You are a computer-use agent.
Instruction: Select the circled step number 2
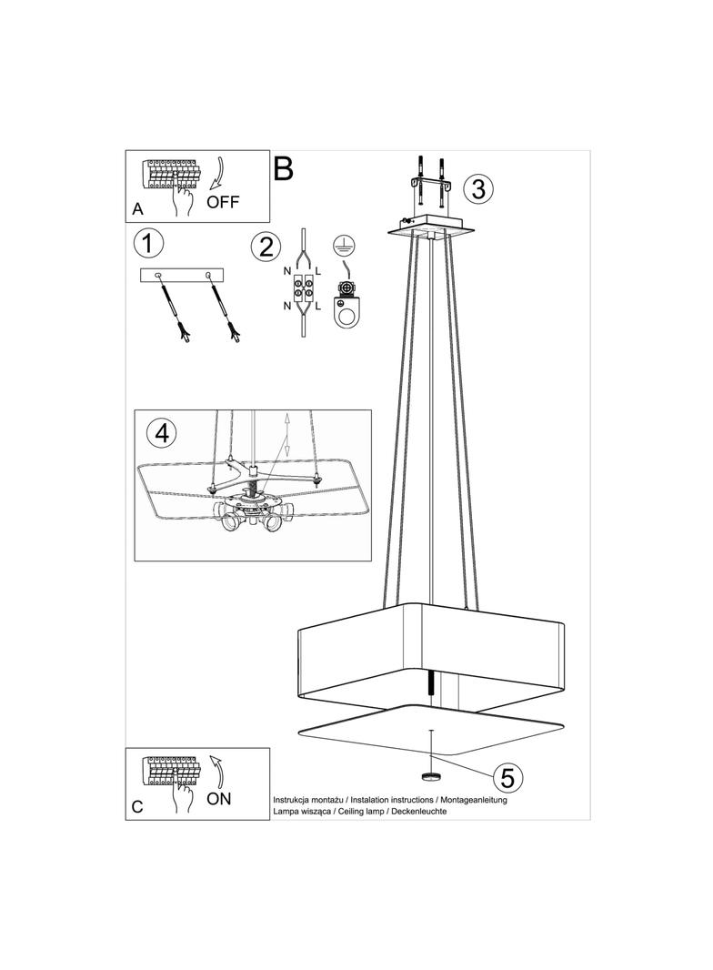[x=265, y=247]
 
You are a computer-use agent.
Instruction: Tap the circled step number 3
[x=477, y=188]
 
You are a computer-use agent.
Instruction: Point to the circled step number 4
[x=161, y=434]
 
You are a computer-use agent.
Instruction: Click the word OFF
[x=223, y=202]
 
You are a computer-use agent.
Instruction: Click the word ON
[x=220, y=799]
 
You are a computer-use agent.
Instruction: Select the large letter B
[x=284, y=168]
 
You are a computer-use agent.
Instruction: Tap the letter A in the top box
[x=137, y=209]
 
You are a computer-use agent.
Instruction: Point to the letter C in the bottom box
[x=137, y=806]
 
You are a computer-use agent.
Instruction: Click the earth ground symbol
[x=343, y=244]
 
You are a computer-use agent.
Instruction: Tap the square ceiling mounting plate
[x=426, y=225]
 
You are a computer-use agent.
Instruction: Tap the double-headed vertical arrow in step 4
[x=286, y=436]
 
